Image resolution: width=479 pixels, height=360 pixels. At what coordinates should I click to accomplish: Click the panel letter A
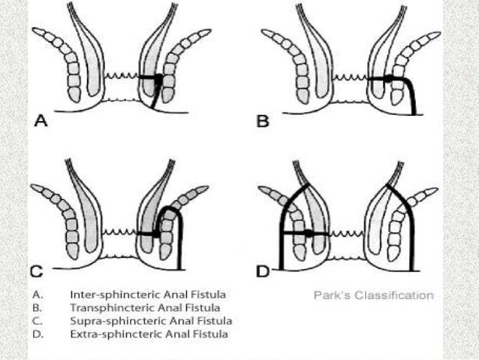click(x=39, y=119)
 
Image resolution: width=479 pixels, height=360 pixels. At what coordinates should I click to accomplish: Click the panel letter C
click(x=35, y=271)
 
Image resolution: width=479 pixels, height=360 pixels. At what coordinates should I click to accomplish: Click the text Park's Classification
click(x=373, y=295)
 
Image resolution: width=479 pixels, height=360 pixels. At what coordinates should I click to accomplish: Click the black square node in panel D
click(x=308, y=234)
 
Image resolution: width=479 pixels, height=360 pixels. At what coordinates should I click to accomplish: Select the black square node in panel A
click(x=158, y=77)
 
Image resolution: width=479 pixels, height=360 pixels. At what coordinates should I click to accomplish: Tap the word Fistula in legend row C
click(x=204, y=320)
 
